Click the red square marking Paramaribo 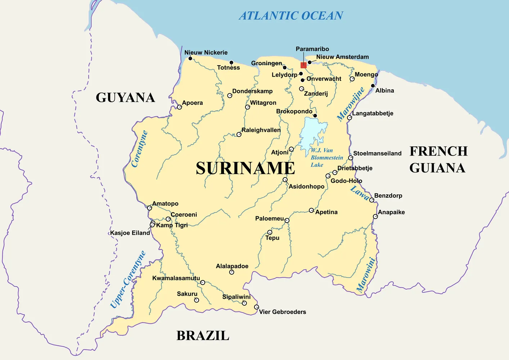pos(303,65)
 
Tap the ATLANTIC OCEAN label pos(291,16)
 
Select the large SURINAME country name pos(246,168)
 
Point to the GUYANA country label pos(125,98)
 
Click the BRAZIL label pos(203,336)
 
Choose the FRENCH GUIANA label pos(438,159)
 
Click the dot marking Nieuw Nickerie pos(190,58)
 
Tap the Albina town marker pos(373,86)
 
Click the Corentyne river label pos(140,149)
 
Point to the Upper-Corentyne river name pos(128,279)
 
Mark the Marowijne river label pos(351,104)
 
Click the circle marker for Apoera pos(179,107)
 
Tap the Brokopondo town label pos(294,112)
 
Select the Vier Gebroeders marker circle pos(256,307)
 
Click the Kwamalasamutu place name pos(176,278)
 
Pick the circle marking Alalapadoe pos(231,272)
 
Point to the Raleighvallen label pos(261,130)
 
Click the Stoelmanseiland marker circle pos(350,158)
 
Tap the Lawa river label pos(360,193)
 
